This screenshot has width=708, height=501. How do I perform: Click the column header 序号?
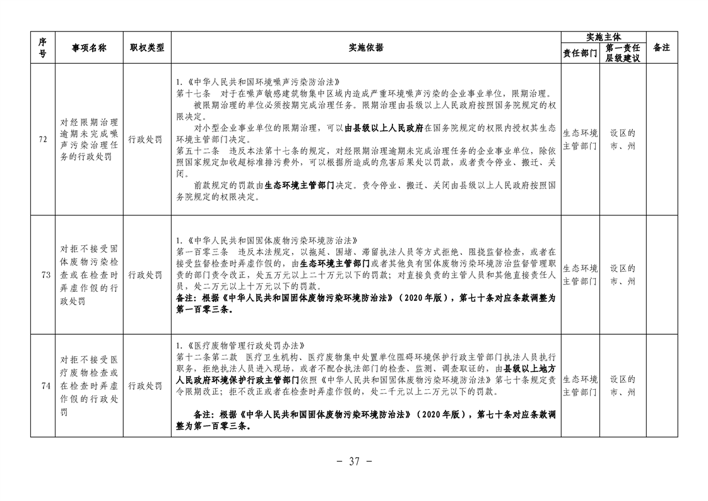tap(42, 47)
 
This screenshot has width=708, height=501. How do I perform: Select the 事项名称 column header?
tap(89, 47)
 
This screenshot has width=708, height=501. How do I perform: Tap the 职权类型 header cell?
tap(146, 47)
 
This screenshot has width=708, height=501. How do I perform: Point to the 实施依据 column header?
tap(365, 47)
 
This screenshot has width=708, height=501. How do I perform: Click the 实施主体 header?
tap(603, 37)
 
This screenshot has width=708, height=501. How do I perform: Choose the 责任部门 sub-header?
tap(580, 53)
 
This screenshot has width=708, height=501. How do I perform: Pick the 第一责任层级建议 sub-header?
tap(622, 53)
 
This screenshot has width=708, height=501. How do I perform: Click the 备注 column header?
tap(661, 47)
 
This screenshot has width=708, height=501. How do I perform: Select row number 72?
tap(42, 140)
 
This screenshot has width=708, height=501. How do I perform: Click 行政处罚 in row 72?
tap(146, 140)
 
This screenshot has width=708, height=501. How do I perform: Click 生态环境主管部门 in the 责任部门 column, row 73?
tap(580, 275)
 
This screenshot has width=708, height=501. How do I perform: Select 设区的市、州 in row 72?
tap(622, 140)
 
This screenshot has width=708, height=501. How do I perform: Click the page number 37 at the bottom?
tap(353, 462)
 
